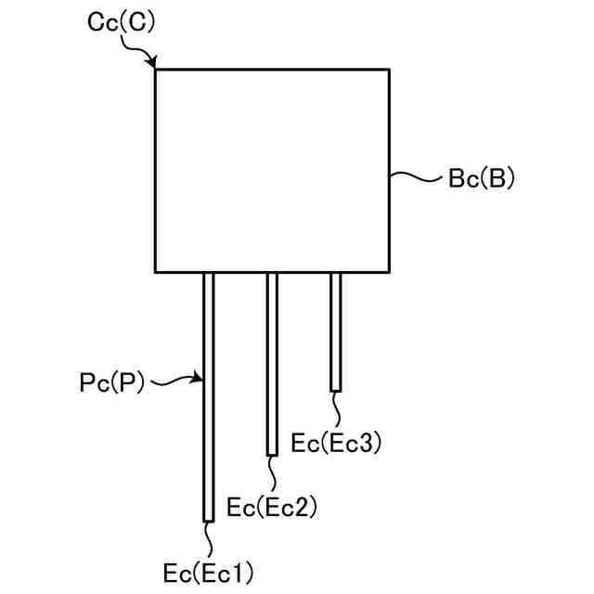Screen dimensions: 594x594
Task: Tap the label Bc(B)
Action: click(x=481, y=178)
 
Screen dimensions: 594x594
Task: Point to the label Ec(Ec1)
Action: click(x=207, y=572)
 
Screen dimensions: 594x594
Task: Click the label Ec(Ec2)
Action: click(x=272, y=507)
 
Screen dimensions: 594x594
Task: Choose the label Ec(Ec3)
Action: click(x=336, y=443)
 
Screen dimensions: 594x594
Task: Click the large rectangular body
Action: click(x=271, y=170)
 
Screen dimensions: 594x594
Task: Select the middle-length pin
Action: click(x=272, y=363)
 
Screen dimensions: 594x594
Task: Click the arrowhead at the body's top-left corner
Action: click(x=153, y=66)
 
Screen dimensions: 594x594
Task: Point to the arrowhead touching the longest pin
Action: click(x=199, y=378)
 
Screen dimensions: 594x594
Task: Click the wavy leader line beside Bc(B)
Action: click(x=416, y=175)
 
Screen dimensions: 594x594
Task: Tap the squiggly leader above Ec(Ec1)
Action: click(x=209, y=538)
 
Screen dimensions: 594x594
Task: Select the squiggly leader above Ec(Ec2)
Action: click(x=273, y=474)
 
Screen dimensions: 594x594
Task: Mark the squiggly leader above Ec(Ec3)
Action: click(x=337, y=409)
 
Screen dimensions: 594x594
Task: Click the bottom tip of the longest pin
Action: click(x=209, y=521)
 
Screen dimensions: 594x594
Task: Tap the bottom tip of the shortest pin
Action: click(x=336, y=390)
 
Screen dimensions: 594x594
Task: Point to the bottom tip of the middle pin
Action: click(x=272, y=454)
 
